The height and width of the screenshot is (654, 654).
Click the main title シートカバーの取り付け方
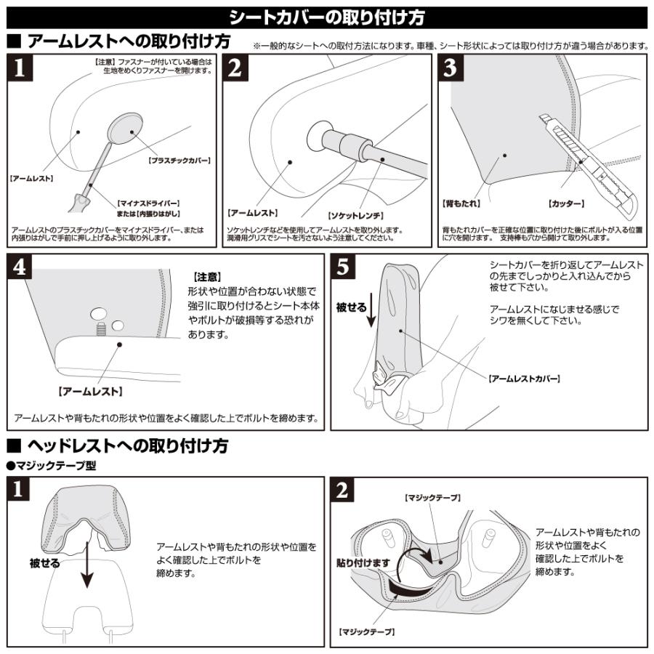click(x=326, y=16)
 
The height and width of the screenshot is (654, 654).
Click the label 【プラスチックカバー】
click(x=179, y=160)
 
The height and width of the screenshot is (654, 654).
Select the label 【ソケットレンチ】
click(x=355, y=216)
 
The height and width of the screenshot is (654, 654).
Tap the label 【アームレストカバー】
click(x=524, y=379)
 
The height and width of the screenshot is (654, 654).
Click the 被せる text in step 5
click(x=351, y=307)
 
